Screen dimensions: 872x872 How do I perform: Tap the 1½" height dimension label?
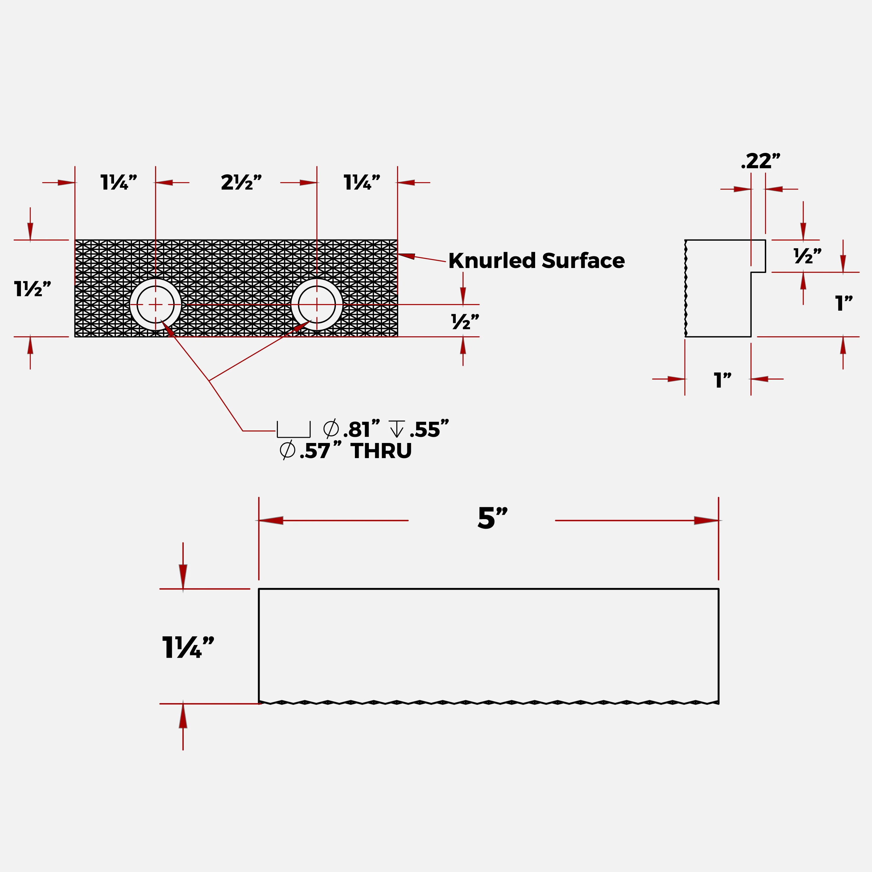tap(33, 289)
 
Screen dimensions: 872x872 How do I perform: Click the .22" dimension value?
tap(760, 161)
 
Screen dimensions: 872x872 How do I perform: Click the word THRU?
tap(381, 451)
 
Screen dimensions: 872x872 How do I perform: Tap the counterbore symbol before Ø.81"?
tap(293, 430)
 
